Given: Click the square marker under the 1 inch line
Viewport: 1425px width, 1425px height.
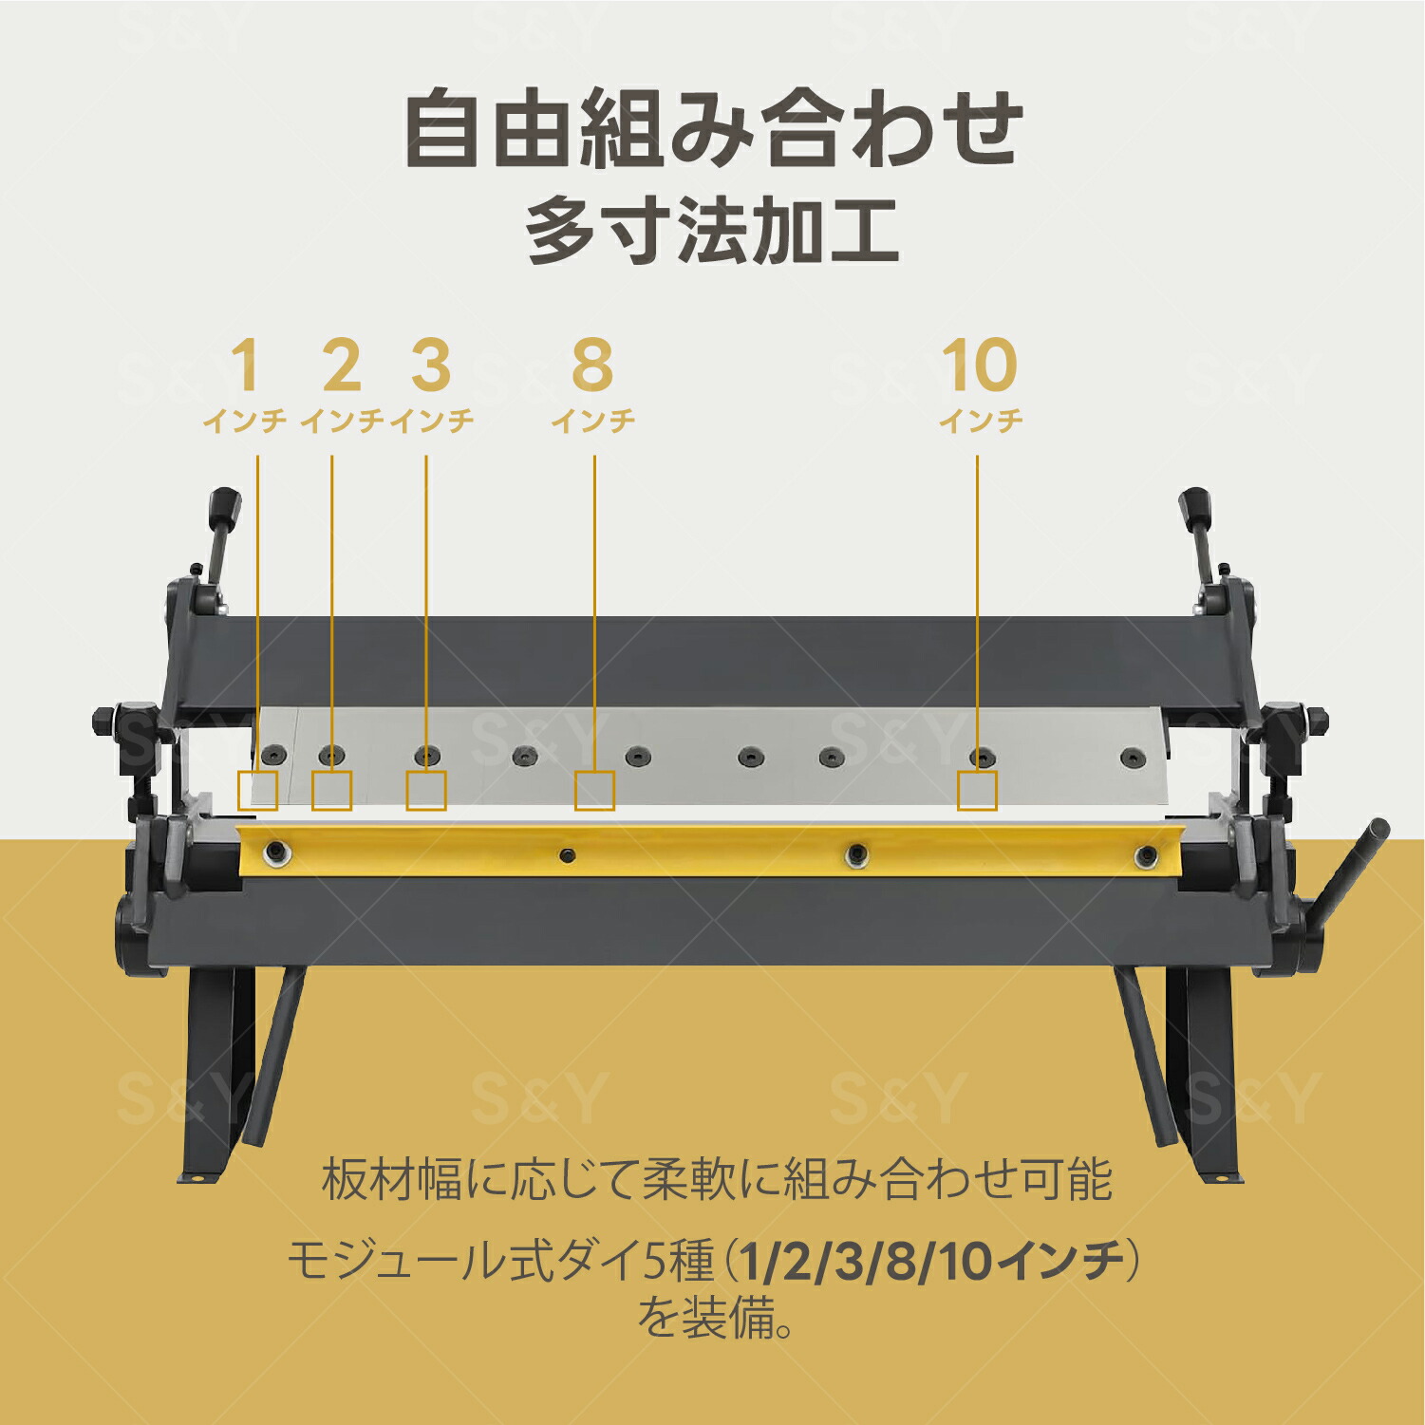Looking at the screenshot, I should pos(257,791).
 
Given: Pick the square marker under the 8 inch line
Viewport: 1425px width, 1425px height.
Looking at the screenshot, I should pos(594,791).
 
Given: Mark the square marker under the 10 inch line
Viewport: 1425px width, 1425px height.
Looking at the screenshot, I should pos(977,791).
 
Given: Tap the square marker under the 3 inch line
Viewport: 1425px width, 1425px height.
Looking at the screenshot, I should pos(426,791).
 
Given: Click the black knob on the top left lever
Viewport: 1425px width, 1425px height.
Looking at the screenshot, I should pos(226,504).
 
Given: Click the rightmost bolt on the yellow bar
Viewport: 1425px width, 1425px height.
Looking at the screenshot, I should pos(1147,856).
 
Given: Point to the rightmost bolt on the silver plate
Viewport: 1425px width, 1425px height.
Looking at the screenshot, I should pos(1128,759).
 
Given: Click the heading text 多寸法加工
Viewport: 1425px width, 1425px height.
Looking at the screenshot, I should pos(712,232).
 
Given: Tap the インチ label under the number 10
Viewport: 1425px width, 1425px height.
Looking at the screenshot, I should pos(981,420).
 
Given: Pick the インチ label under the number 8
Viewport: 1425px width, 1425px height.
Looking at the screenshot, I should pos(593,420).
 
